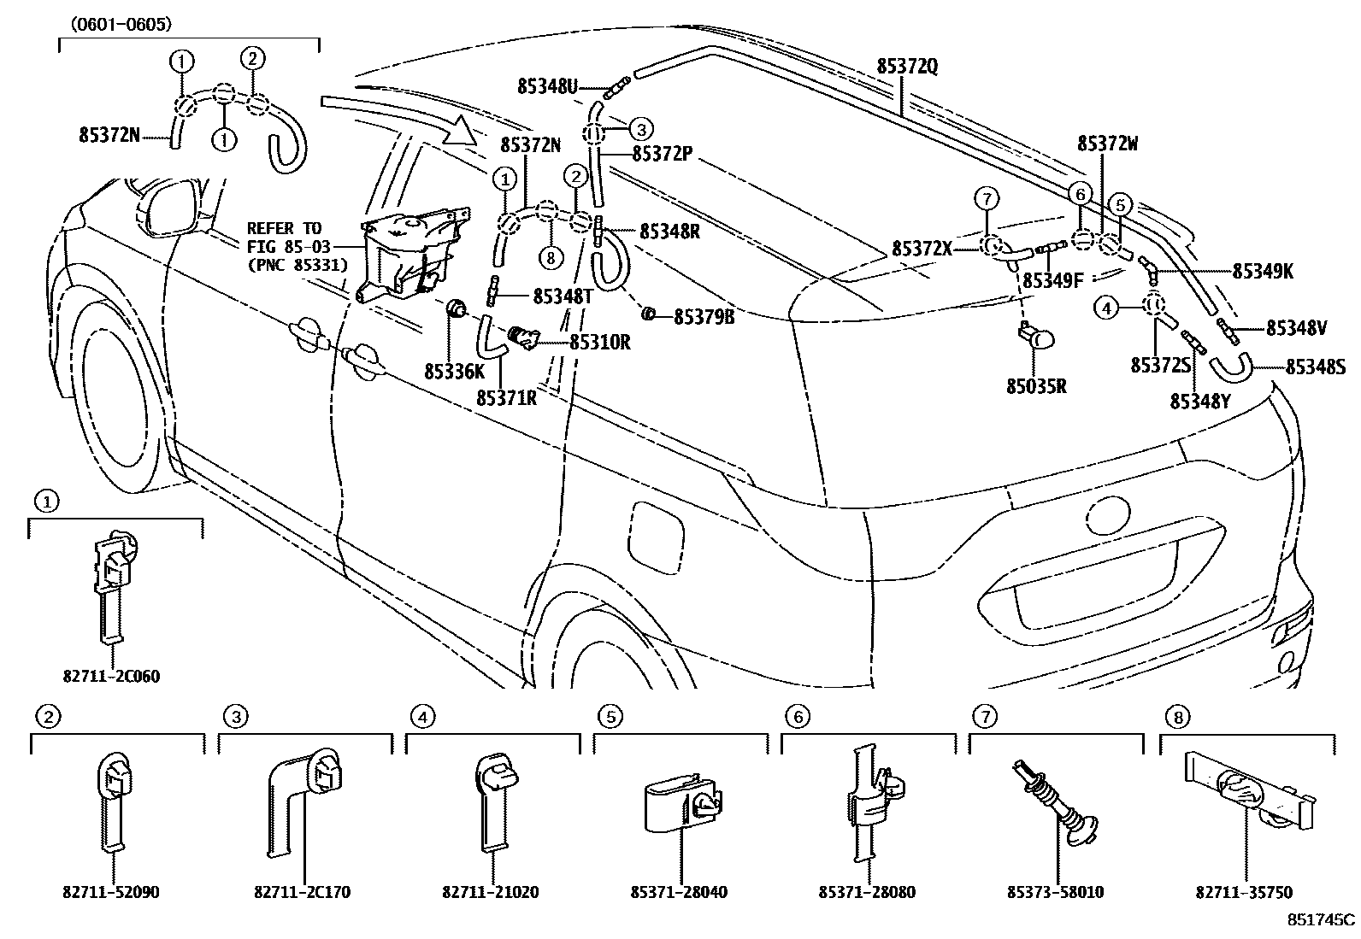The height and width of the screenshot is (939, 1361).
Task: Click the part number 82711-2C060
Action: pos(111,676)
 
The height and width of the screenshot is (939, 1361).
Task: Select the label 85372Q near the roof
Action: pos(906,66)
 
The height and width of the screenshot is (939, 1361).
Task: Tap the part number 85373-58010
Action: pos(1057,893)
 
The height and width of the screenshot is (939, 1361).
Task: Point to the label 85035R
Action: pos(1036,386)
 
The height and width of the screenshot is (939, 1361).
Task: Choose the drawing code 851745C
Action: pos(1322,920)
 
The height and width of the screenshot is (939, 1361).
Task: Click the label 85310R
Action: pos(599,343)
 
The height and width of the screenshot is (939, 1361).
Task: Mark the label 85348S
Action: pos(1316,367)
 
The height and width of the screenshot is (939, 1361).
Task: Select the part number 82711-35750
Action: pos(1245,893)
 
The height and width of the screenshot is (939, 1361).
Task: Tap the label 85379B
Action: pos(704,317)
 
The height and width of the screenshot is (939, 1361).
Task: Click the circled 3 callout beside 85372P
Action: pos(641,130)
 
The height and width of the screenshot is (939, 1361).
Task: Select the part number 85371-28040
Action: pos(680,893)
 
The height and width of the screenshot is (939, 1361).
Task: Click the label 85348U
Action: pos(547,86)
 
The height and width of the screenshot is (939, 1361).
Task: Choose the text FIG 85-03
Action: pos(285,247)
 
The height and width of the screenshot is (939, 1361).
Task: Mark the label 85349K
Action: pos(1263,272)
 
